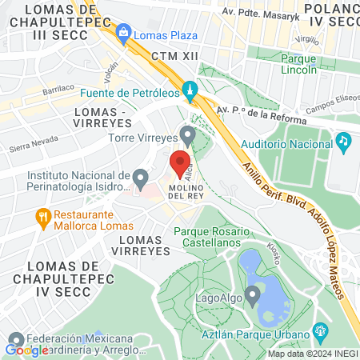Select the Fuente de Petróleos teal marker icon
(x=190, y=90)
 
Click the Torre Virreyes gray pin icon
(x=187, y=134)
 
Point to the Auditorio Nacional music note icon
(x=343, y=142)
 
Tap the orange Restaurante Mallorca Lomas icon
(x=44, y=215)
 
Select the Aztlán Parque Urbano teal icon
(x=320, y=330)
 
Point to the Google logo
(x=27, y=350)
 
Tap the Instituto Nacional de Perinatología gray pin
(x=141, y=177)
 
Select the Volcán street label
(x=110, y=74)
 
